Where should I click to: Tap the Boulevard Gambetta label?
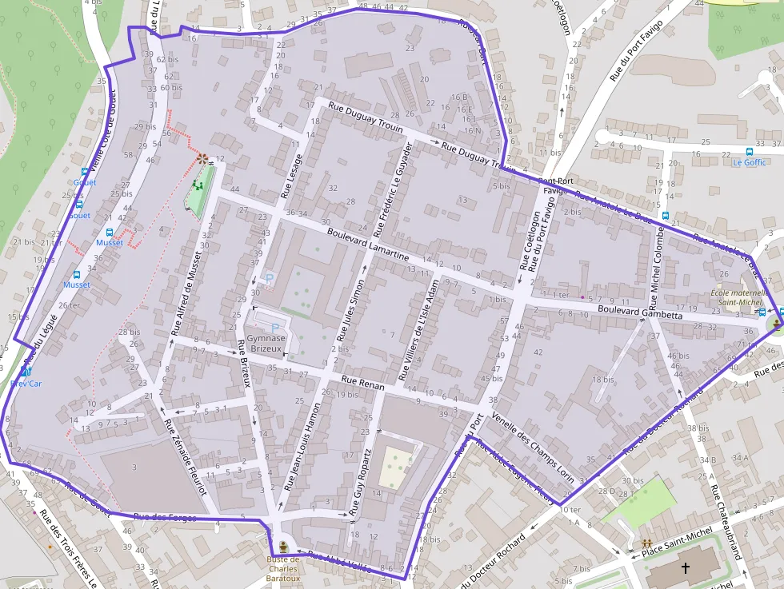pos(640,312)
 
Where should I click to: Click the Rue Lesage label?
pos(291,175)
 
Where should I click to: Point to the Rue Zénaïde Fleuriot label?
pos(184,456)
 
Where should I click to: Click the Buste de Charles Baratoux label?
pos(282,569)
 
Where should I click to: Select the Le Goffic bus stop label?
pos(750,162)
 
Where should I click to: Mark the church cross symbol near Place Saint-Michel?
pos(685,568)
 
